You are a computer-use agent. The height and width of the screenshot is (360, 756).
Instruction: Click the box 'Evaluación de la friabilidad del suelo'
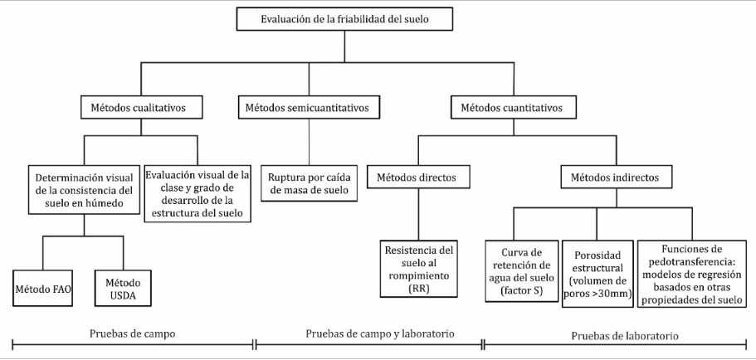[344, 19]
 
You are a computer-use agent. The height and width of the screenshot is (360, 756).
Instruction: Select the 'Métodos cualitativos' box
[141, 108]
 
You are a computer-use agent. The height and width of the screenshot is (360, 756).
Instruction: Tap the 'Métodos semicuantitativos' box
[309, 108]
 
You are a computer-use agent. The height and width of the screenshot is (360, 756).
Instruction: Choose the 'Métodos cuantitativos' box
[514, 108]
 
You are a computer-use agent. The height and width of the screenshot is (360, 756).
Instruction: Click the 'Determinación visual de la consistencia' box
[85, 190]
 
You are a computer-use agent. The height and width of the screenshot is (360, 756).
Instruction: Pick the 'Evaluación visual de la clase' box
[198, 194]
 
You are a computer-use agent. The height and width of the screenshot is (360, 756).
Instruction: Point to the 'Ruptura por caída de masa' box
[309, 183]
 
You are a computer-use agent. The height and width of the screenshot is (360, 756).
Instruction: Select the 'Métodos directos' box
[418, 178]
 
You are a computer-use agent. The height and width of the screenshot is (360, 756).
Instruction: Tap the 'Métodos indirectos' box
[616, 178]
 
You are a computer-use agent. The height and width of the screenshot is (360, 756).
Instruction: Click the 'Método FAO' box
[43, 288]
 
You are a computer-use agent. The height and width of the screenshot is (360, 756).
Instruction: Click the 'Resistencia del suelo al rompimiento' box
[418, 269]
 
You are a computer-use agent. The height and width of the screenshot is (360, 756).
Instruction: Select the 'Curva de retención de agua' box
[522, 271]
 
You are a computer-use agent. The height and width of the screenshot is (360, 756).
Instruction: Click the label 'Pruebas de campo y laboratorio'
[380, 333]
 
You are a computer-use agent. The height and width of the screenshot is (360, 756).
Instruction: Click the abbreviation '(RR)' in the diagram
[417, 288]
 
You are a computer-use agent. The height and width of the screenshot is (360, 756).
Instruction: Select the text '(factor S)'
[521, 290]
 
